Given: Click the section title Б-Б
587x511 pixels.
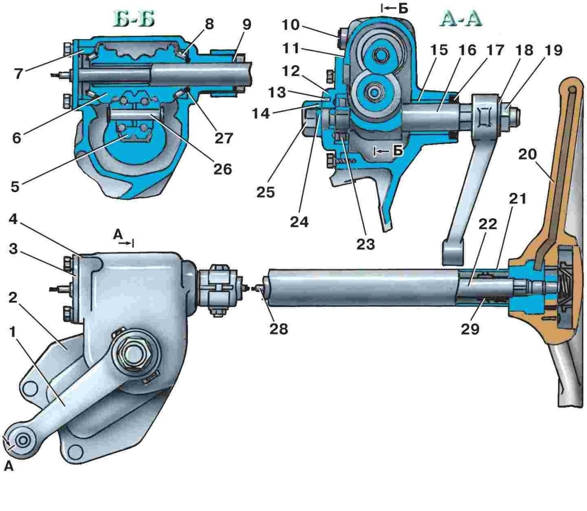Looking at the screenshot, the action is [x=134, y=20].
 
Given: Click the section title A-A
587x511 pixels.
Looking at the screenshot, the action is [x=460, y=20].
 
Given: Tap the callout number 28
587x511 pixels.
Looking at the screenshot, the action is [x=279, y=329].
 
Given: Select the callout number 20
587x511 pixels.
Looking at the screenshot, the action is [x=528, y=155].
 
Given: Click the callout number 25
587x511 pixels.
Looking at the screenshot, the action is [x=266, y=192].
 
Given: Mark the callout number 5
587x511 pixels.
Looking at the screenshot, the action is [x=15, y=187].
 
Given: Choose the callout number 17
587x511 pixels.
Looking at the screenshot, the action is [x=495, y=50].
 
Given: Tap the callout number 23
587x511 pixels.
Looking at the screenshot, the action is [x=366, y=244].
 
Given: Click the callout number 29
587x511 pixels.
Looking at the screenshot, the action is [x=470, y=329].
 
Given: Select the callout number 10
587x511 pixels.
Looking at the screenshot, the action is [x=291, y=25].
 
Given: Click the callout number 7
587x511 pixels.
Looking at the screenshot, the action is [x=19, y=74].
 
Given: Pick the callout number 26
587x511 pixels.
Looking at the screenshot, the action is [x=223, y=169].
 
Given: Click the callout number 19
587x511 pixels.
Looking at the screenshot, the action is [x=553, y=50].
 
